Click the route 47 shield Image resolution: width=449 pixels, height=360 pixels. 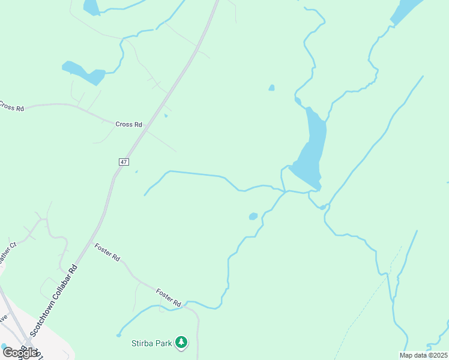(124, 162)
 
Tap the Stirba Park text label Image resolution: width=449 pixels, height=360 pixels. (152, 344)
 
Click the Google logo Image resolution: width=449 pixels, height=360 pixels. (20, 353)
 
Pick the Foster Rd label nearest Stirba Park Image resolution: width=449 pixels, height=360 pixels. (169, 298)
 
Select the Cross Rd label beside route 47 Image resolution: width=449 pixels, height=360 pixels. (128, 124)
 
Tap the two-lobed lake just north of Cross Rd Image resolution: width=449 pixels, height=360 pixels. (83, 73)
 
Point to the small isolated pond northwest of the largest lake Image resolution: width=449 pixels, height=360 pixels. (272, 88)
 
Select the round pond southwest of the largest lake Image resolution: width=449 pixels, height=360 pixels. (253, 216)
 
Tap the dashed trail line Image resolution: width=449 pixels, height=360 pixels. (366, 300)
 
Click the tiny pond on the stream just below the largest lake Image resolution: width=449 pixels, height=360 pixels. (322, 207)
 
